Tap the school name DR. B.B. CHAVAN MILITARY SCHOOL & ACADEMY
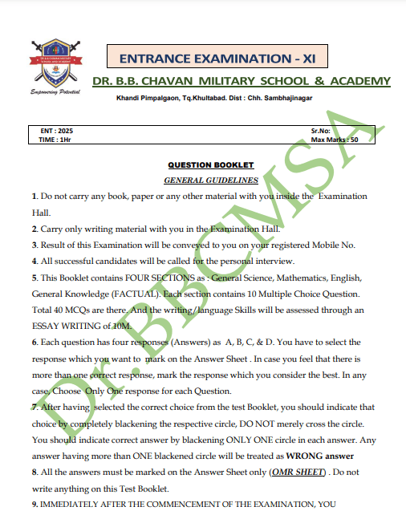pos(241,81)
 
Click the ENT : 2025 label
pos(56,130)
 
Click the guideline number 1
pos(35,196)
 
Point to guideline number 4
pos(35,261)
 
